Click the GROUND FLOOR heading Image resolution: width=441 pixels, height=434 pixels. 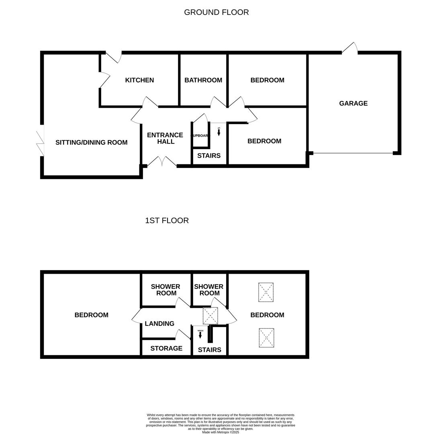click(x=216, y=12)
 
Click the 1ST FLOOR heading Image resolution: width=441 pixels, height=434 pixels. click(x=167, y=221)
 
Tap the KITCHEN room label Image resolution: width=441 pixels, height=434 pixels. click(x=139, y=80)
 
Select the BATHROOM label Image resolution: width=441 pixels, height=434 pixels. click(x=203, y=80)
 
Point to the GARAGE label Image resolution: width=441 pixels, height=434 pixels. click(x=353, y=104)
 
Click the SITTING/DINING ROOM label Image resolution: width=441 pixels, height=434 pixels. click(x=91, y=143)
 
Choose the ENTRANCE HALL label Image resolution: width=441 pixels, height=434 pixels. click(x=165, y=138)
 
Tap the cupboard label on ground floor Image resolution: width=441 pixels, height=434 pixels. click(x=200, y=136)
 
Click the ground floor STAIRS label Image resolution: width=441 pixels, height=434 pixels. click(x=209, y=156)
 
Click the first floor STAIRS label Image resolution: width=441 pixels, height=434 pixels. click(x=209, y=350)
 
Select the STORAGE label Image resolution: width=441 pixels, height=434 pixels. click(x=166, y=348)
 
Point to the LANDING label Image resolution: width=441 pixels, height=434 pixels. click(x=159, y=324)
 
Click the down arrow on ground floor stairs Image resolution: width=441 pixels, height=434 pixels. click(x=219, y=132)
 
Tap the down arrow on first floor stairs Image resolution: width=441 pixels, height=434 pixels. click(x=200, y=334)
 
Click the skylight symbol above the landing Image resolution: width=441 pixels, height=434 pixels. click(x=210, y=316)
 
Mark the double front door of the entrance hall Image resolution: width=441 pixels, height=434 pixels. click(x=162, y=162)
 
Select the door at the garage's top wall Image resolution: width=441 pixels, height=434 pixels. click(x=350, y=48)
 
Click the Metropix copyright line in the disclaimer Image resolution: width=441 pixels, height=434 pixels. click(x=220, y=432)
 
